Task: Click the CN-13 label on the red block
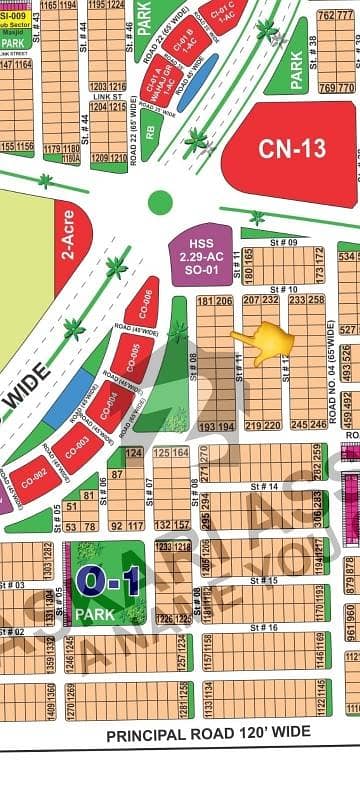(x=292, y=149)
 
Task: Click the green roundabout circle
(x=160, y=202)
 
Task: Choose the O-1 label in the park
(x=101, y=580)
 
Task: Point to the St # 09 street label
(x=285, y=242)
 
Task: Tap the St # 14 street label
(x=264, y=486)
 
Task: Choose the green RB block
(x=149, y=129)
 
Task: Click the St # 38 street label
(x=313, y=44)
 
